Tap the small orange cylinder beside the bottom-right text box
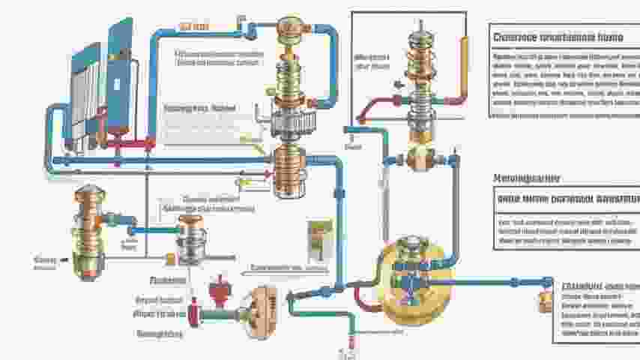pyautogui.click(x=545, y=301)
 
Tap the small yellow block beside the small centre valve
pyautogui.click(x=170, y=259)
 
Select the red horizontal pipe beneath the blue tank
pyautogui.click(x=131, y=142)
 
